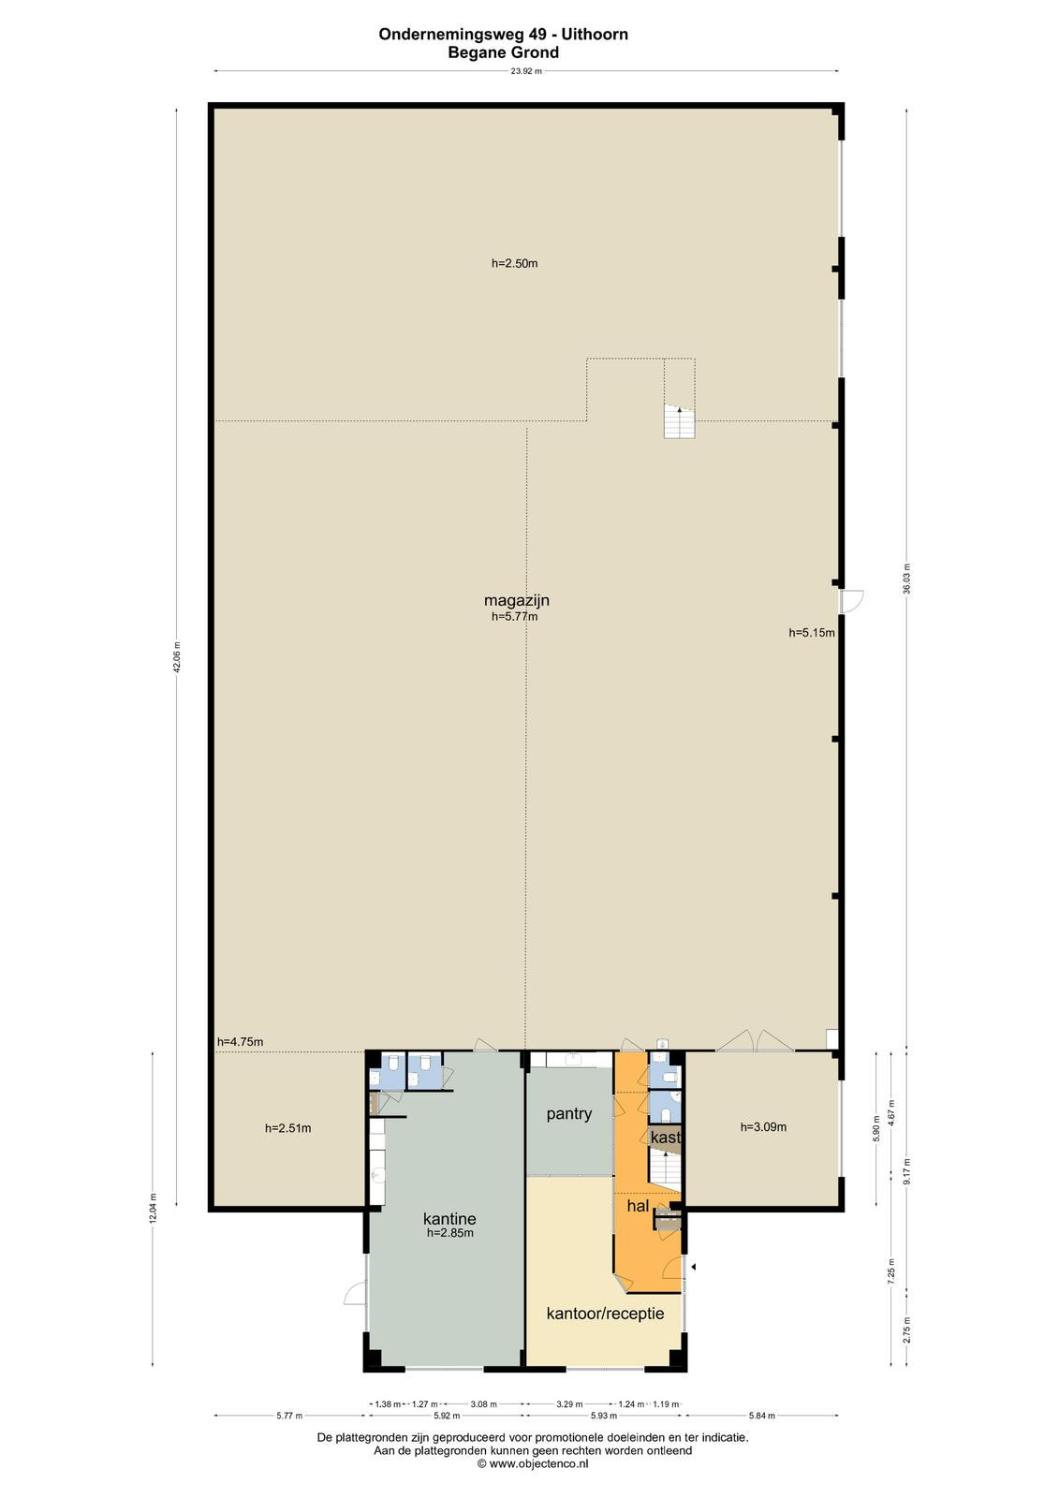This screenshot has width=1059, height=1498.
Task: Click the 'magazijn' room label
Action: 517,600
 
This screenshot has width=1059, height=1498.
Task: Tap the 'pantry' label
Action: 568,1114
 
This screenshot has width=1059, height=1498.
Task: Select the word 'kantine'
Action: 449,1218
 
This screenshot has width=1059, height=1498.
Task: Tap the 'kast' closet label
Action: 666,1137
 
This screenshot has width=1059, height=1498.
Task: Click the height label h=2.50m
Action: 514,263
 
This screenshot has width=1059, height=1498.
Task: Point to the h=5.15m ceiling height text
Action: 812,633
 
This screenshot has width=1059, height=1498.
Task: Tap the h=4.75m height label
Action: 240,1042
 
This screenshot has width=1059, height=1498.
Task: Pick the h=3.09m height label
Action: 763,1127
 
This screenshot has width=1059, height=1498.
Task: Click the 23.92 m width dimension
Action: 526,71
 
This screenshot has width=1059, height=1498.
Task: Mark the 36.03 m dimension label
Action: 906,580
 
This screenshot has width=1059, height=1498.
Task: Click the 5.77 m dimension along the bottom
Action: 289,1415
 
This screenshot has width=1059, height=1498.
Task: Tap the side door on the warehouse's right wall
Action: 852,600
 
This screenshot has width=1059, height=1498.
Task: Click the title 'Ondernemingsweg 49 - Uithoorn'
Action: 503,34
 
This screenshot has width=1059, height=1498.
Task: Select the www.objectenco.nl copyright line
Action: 533,1463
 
